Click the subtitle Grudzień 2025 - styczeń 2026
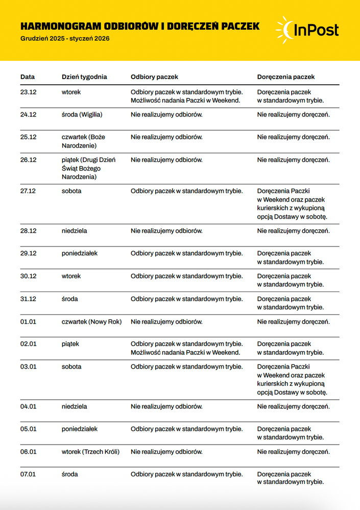(x=65, y=38)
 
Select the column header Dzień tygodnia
(x=84, y=77)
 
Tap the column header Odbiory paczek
(x=154, y=77)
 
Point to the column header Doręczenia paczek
(x=286, y=77)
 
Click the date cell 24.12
(x=28, y=114)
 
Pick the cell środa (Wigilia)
(x=82, y=114)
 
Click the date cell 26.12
(x=28, y=160)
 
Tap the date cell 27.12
(x=28, y=191)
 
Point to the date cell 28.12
(x=28, y=231)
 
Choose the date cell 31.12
(x=28, y=299)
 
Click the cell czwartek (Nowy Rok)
(x=91, y=322)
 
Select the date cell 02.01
(x=28, y=344)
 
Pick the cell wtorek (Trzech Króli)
(x=90, y=452)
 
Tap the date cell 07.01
(x=28, y=474)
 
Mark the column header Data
(x=28, y=77)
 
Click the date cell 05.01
(x=28, y=429)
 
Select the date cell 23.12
(x=28, y=92)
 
